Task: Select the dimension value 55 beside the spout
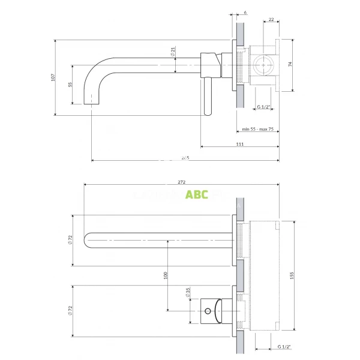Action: point(70,85)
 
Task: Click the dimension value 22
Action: point(271,20)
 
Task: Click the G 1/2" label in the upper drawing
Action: point(263,107)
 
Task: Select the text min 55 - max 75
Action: point(258,129)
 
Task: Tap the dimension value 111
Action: point(239,144)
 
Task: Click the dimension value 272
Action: point(181,182)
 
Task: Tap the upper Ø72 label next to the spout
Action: point(70,239)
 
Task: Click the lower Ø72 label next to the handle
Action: point(70,310)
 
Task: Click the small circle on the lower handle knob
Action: point(208,311)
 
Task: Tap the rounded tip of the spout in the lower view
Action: point(88,239)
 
